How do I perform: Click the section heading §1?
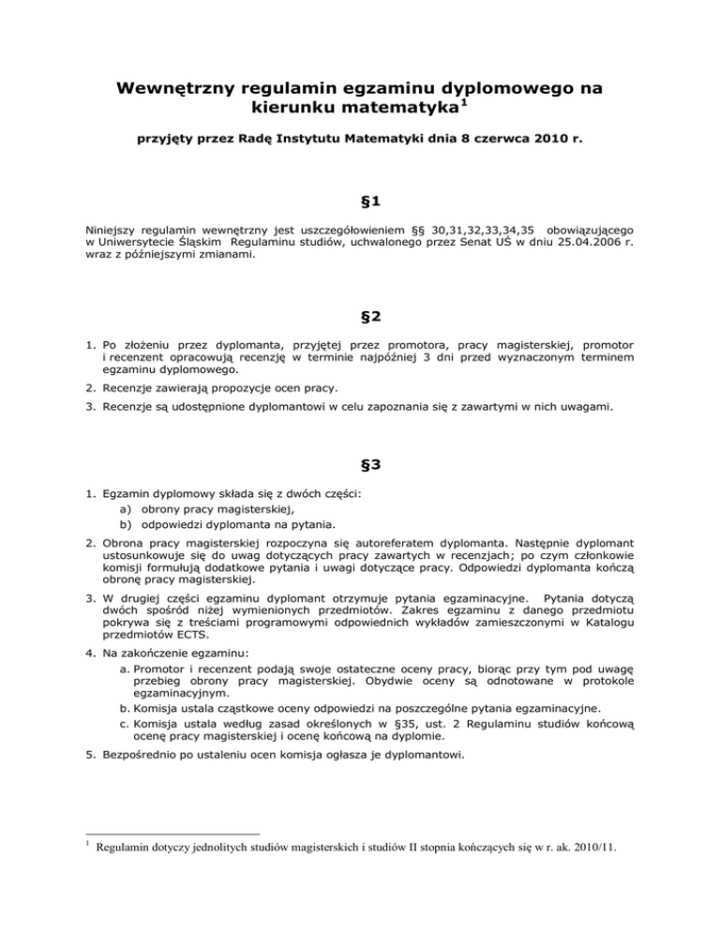tap(360, 225)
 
